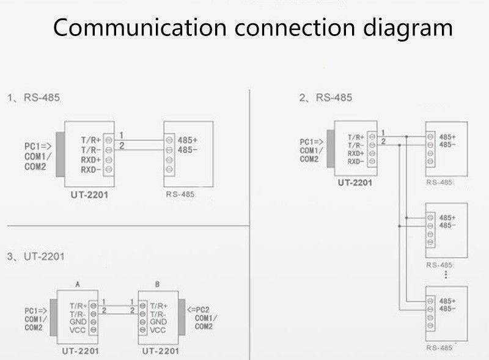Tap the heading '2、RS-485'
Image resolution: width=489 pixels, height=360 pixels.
click(325, 97)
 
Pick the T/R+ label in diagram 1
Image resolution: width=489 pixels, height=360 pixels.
click(91, 140)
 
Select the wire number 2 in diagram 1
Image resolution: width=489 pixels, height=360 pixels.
click(122, 145)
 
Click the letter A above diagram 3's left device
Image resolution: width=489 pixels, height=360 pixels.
click(78, 284)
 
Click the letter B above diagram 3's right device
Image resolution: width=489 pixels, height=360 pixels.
click(158, 284)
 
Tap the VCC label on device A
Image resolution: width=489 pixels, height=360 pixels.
click(77, 330)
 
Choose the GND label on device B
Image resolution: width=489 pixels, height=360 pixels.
click(158, 321)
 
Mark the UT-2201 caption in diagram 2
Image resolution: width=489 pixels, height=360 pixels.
click(355, 182)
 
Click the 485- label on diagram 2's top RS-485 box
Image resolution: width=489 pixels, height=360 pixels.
click(448, 144)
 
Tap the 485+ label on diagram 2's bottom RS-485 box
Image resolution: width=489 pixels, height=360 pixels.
click(448, 301)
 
